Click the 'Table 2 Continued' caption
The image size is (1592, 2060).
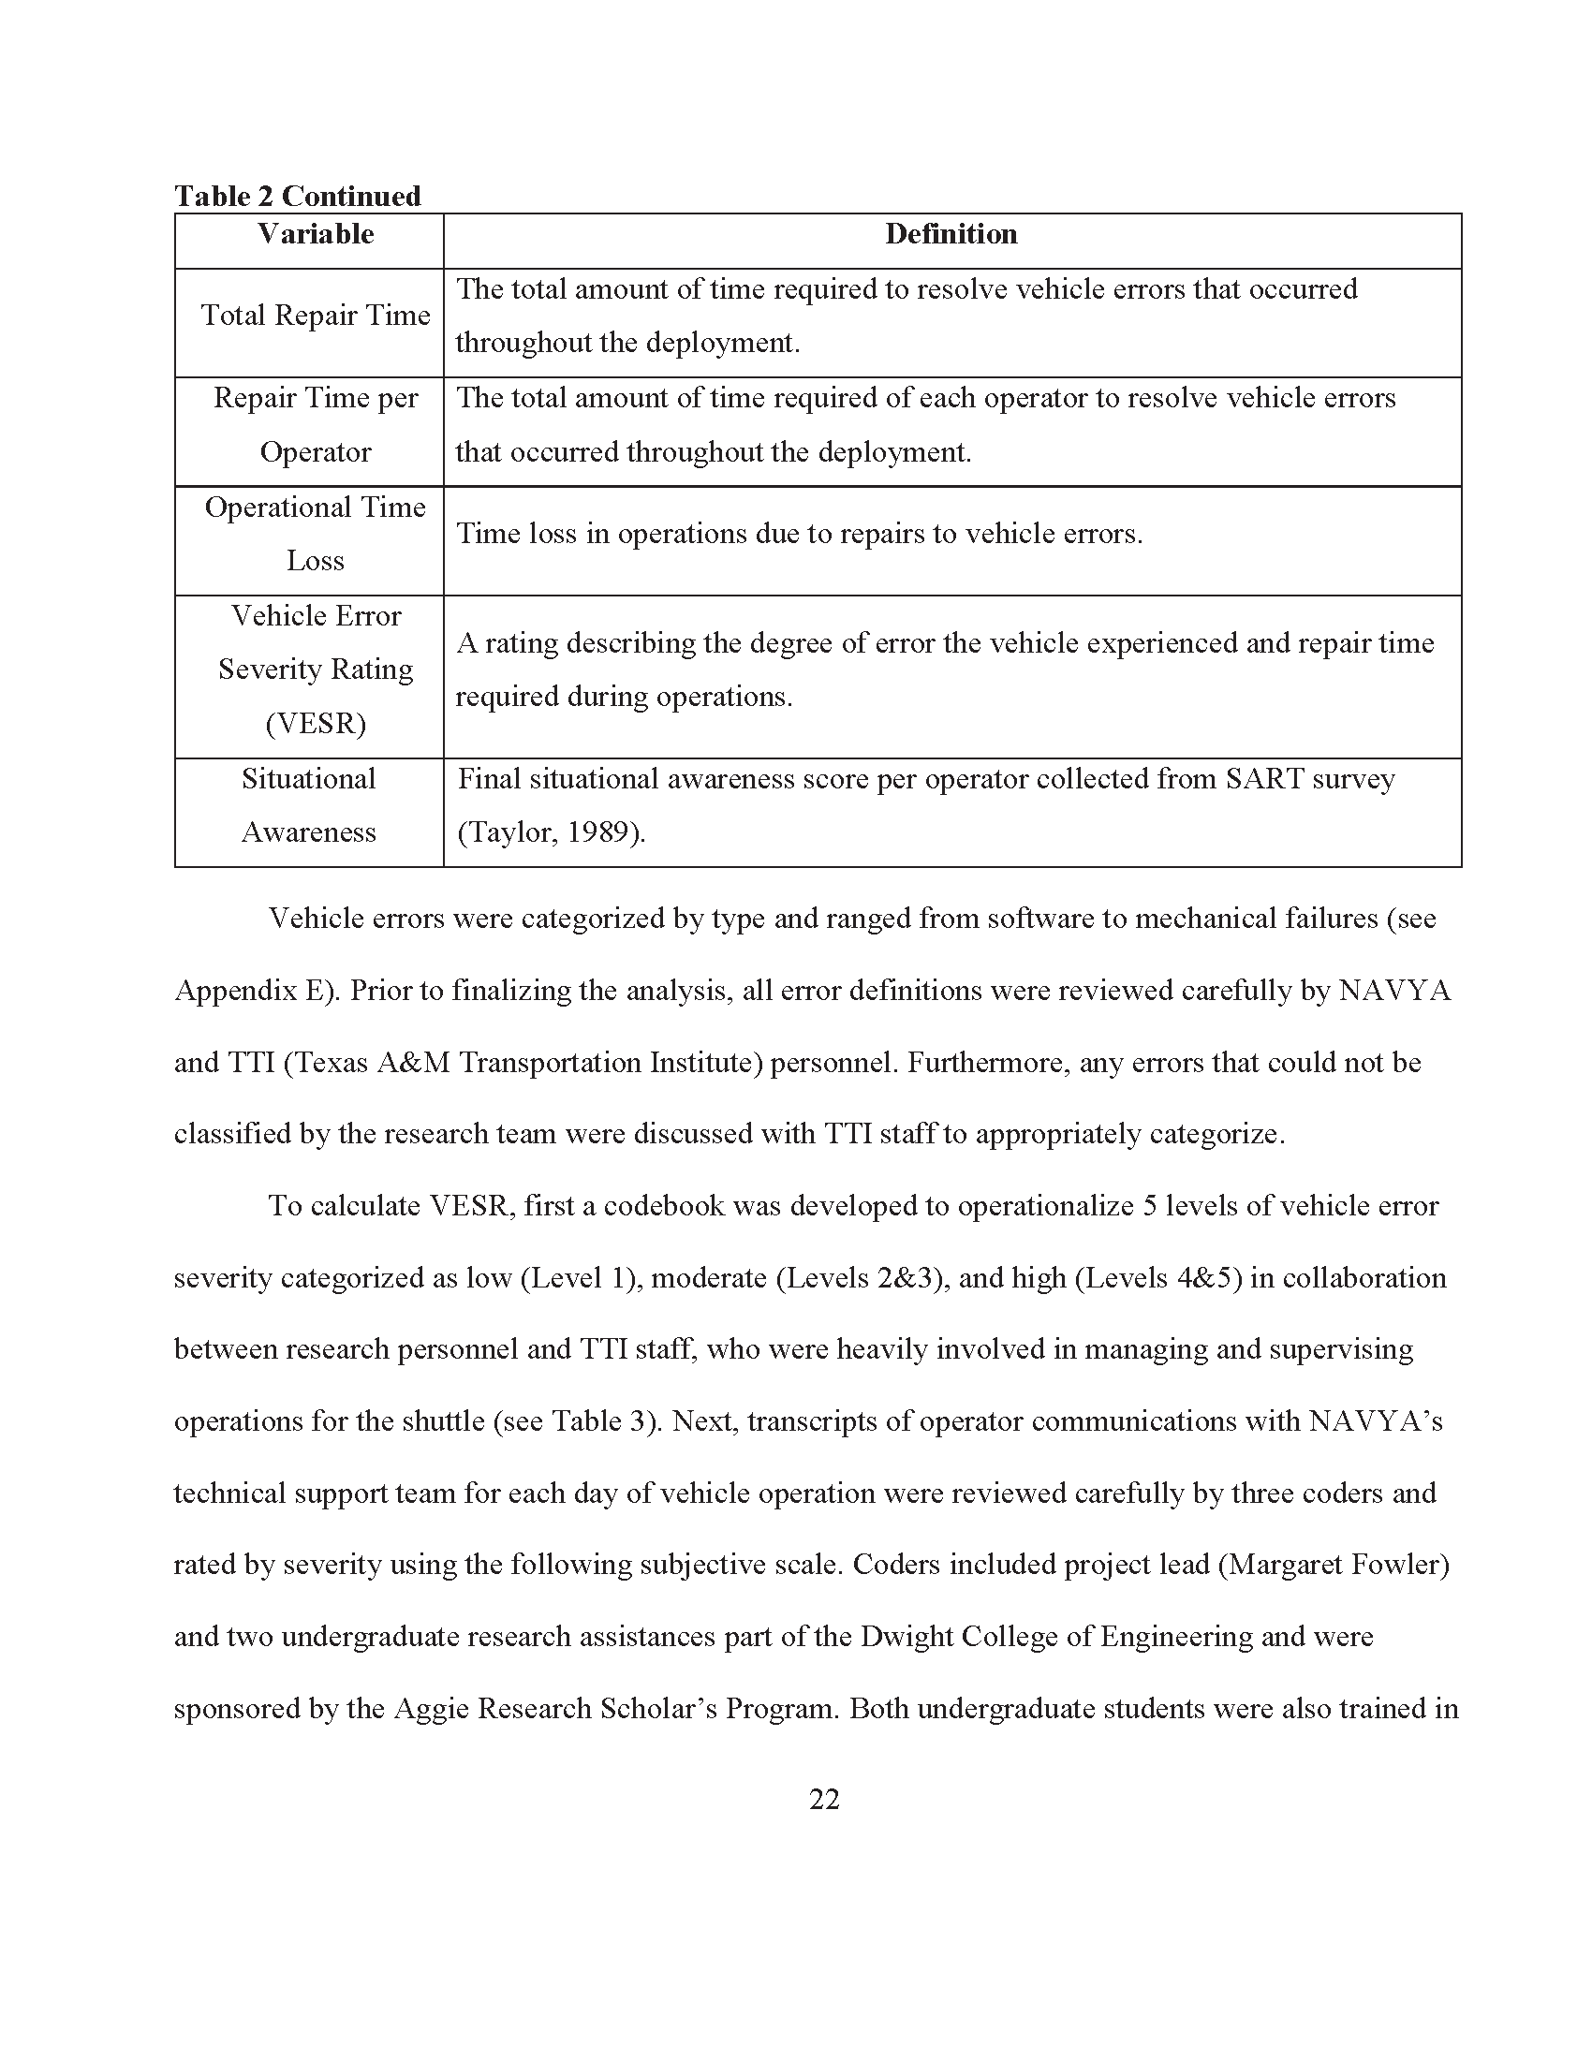pyautogui.click(x=297, y=197)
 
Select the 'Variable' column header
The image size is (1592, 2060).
pyautogui.click(x=316, y=234)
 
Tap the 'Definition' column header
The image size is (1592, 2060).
pyautogui.click(x=951, y=234)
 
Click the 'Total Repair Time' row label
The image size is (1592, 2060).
pyautogui.click(x=316, y=315)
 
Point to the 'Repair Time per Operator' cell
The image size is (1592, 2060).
pyautogui.click(x=316, y=424)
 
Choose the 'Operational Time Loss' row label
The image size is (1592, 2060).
pyautogui.click(x=316, y=534)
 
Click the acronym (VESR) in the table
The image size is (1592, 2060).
pyautogui.click(x=316, y=724)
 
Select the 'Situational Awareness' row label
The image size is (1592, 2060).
pyautogui.click(x=308, y=804)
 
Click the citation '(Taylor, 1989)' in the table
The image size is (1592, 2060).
pyautogui.click(x=551, y=832)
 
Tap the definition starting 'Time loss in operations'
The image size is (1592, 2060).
pyautogui.click(x=799, y=534)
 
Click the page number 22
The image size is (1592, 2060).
pyautogui.click(x=823, y=1800)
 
